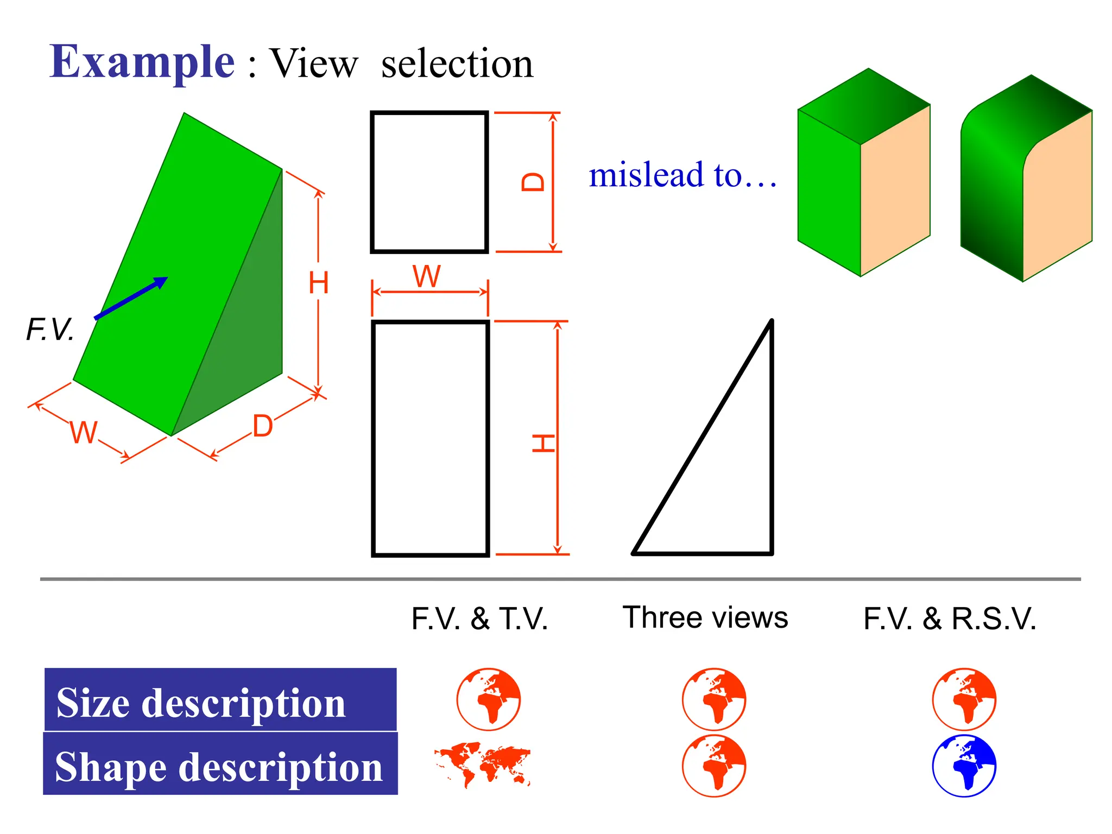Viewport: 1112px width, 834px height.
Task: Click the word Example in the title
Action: pos(142,62)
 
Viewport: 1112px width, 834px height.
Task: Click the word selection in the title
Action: pos(457,64)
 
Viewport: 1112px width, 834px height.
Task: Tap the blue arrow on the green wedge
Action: pos(131,298)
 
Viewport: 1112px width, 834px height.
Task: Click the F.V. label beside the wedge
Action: pos(50,330)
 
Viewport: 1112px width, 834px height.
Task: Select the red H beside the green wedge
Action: pos(318,283)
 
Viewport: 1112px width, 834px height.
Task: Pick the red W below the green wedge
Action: pos(84,433)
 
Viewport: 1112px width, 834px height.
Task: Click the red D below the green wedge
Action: pos(263,426)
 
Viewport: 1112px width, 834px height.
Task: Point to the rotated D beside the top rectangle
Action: pos(533,182)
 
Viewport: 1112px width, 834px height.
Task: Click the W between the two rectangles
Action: pos(427,277)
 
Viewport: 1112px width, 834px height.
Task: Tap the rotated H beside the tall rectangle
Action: pos(543,443)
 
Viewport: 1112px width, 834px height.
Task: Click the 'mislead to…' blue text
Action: pos(683,175)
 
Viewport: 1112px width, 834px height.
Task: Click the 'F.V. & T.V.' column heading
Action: pos(479,618)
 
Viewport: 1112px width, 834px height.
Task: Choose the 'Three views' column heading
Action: pos(705,617)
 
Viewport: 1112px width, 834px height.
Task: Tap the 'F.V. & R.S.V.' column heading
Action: pos(950,618)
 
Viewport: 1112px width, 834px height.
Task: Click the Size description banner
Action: pos(220,700)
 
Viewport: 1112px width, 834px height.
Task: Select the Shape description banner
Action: pos(220,764)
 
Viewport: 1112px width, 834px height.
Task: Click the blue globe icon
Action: pos(964,766)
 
